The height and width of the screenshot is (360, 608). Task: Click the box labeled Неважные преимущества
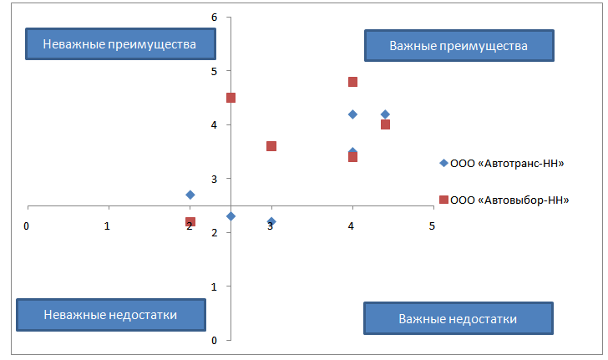[x=114, y=44]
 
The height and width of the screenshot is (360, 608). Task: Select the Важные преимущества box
[x=459, y=45]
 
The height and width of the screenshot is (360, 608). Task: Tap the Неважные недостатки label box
[x=111, y=315]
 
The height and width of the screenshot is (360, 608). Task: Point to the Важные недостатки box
[x=458, y=318]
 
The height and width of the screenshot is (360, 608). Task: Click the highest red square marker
[x=352, y=82]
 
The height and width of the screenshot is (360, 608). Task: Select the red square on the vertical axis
[x=231, y=98]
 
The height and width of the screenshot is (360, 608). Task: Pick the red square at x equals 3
[x=271, y=146]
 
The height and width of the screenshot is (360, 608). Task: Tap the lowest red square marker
[x=190, y=222]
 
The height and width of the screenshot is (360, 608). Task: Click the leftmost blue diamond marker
[x=190, y=195]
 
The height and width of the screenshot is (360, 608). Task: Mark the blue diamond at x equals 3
[x=271, y=221]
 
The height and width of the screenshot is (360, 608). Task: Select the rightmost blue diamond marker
[x=385, y=114]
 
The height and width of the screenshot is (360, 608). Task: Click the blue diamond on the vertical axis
[x=231, y=216]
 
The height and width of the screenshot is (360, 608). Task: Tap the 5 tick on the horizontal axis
[x=433, y=226]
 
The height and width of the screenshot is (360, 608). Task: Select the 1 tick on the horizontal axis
[x=108, y=226]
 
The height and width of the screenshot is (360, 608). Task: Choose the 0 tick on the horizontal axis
[x=27, y=226]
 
